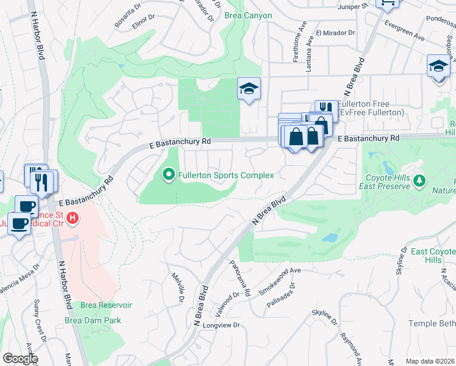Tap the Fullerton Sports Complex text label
pos(226,175)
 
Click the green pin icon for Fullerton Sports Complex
pos(169,175)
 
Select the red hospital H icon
pos(73,217)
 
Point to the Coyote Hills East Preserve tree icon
pos(418,181)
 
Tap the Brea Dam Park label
pos(93,320)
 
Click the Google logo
pos(20,359)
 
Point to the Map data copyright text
pos(430,361)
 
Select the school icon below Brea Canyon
pos(249,90)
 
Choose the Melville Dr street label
pos(177,287)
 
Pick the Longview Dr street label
pos(225,325)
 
